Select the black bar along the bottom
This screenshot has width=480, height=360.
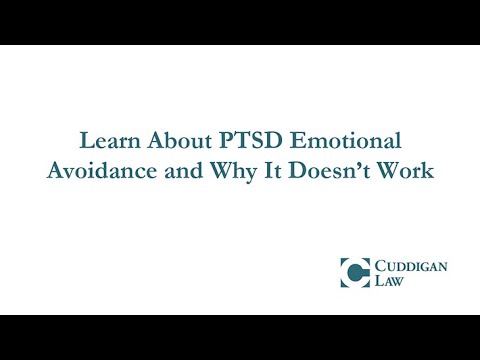pos(240,337)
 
